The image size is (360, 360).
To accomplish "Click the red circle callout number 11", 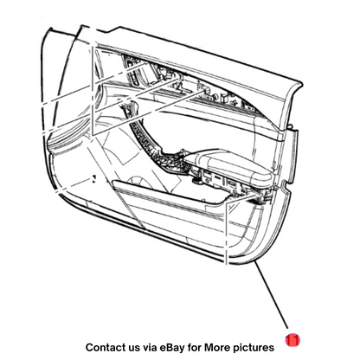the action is coord(292,340).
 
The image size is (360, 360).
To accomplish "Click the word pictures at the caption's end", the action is coord(254,348).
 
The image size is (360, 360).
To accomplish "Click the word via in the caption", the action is coord(150,347).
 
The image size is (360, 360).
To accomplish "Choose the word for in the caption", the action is coord(195,347).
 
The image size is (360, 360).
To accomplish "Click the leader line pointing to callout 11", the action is coord(271,294).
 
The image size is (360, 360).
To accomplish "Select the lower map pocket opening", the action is coord(170,193).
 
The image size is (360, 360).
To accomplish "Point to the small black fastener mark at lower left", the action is coord(93,178).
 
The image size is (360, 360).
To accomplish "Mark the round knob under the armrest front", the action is coord(197,180).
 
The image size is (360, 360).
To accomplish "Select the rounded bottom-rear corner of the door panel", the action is coord(260,254).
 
